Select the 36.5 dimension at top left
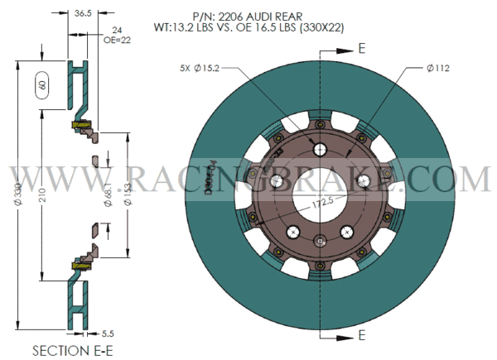tap(83, 14)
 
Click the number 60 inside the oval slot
tap(41, 84)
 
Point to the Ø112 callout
tap(438, 67)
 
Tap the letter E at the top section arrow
tap(361, 49)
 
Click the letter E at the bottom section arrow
tap(361, 336)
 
